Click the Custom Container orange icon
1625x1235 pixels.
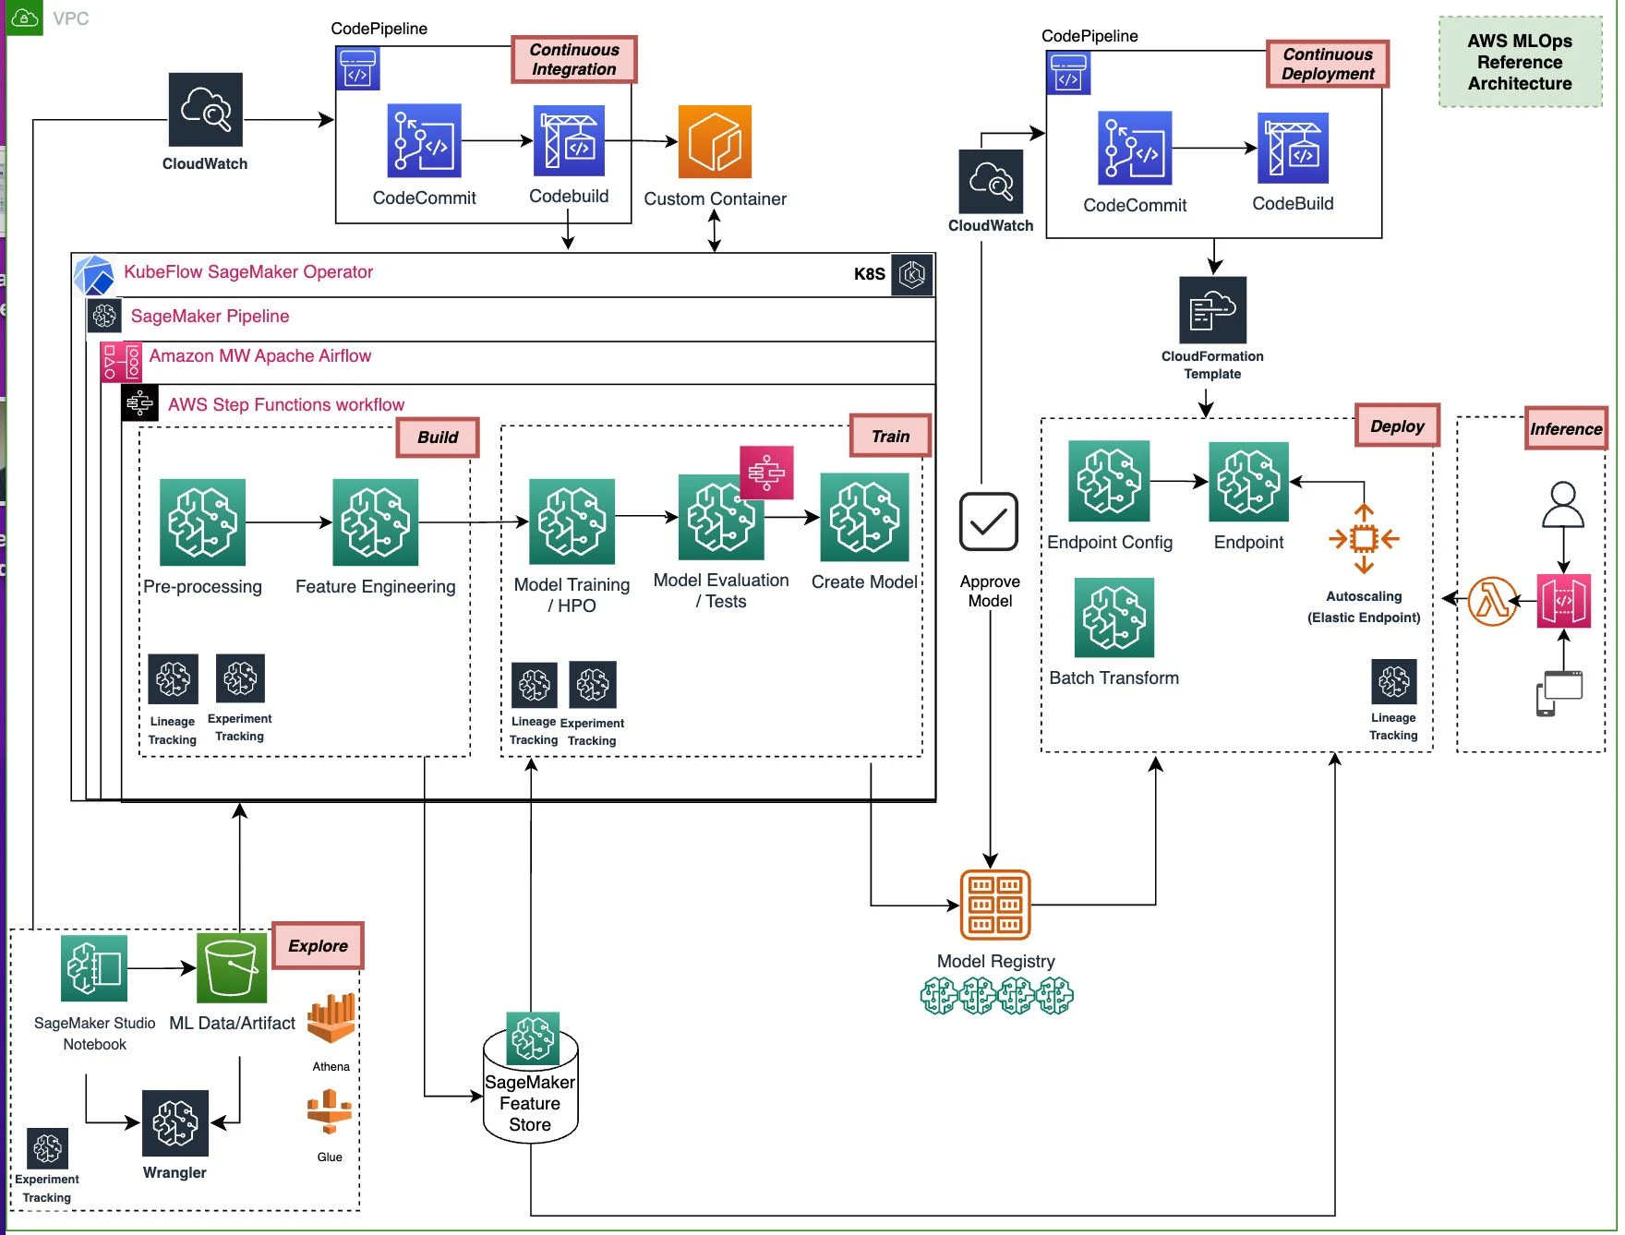click(715, 141)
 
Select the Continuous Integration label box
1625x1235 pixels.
click(573, 59)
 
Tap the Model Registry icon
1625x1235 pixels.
click(995, 905)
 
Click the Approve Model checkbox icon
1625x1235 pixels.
click(989, 522)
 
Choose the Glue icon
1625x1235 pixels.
click(330, 1112)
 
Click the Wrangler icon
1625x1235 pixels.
click(175, 1123)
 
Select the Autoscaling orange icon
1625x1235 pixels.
click(1364, 538)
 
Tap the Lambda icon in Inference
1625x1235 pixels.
click(1492, 601)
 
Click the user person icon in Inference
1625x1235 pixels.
click(1563, 505)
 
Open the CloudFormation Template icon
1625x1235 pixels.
click(1213, 310)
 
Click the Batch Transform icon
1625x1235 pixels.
click(1114, 617)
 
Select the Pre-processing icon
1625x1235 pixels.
click(202, 522)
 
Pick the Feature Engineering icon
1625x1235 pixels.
click(375, 522)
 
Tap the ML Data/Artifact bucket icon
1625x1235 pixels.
click(232, 968)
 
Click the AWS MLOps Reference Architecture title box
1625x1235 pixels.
click(1520, 62)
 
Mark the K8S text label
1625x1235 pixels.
click(869, 274)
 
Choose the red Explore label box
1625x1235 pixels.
click(318, 945)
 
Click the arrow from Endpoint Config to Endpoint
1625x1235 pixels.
click(1179, 481)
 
